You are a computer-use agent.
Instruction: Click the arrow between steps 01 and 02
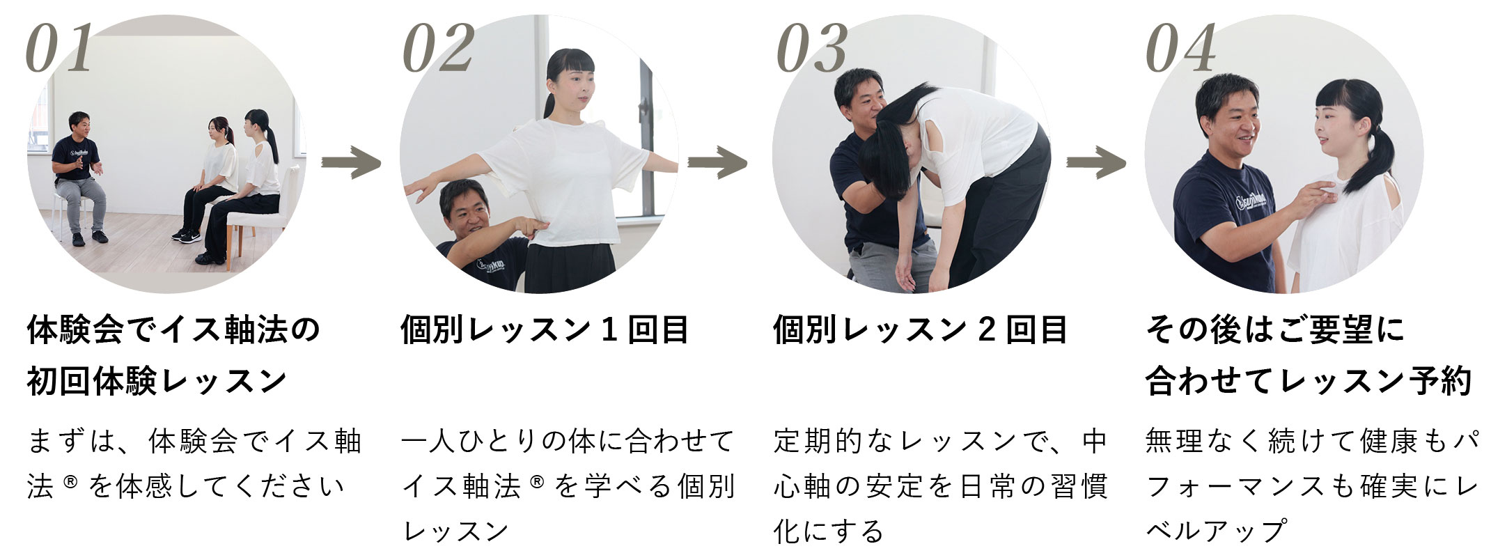351,163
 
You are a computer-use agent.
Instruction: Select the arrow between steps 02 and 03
717,163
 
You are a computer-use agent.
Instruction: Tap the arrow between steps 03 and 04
1096,163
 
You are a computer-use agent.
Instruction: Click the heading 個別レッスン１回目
545,329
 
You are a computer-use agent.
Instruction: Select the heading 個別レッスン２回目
920,329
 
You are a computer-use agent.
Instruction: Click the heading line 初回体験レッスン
157,381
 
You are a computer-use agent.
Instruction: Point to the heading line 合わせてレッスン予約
1309,381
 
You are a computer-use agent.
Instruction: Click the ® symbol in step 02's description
536,480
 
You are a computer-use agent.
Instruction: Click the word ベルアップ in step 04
1216,531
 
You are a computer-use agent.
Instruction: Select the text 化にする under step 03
828,531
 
